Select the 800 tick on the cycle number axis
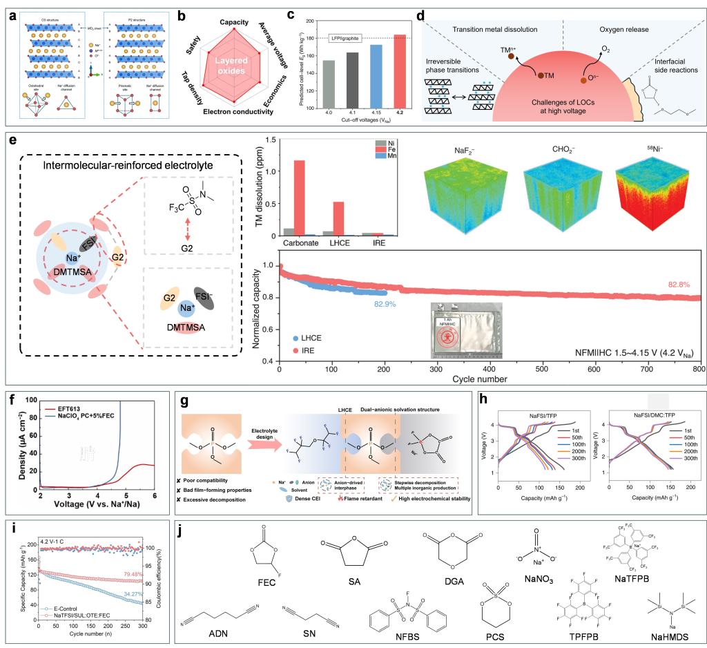click(699, 370)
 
